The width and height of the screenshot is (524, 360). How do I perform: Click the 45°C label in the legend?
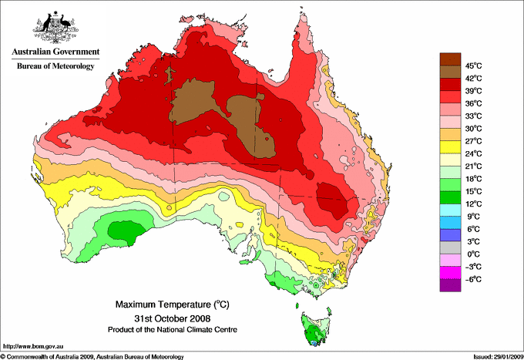(x=472, y=65)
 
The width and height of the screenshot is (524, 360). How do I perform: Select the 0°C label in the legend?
(x=472, y=254)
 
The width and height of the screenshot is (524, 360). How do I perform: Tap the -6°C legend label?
(x=472, y=279)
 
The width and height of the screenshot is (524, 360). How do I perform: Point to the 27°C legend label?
(x=472, y=140)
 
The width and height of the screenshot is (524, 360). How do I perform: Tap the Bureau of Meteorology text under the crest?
(x=55, y=66)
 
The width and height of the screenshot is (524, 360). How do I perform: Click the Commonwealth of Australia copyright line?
(x=92, y=356)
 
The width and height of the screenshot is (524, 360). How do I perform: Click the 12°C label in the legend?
(x=472, y=204)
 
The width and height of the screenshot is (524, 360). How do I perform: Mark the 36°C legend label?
(x=472, y=103)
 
